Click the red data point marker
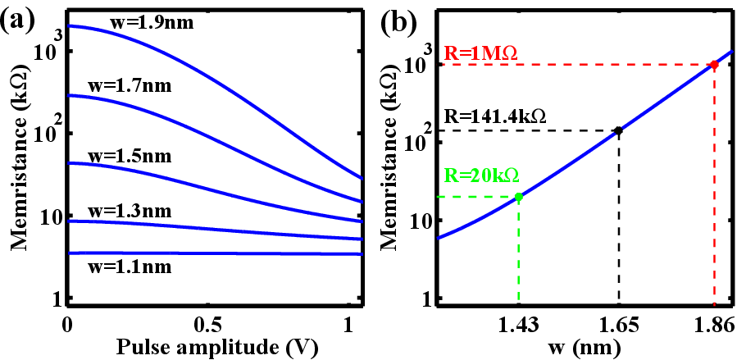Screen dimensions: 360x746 pos(714,64)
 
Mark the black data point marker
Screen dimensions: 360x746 pos(618,130)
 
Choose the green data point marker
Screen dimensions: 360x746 pos(518,196)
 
